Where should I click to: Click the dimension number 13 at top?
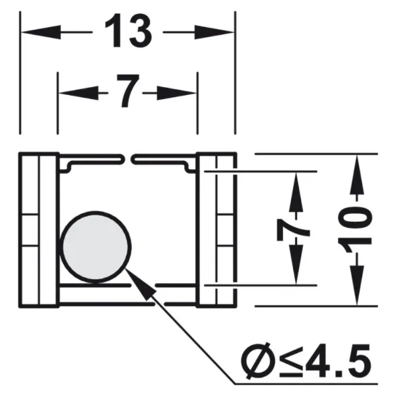tap(128, 31)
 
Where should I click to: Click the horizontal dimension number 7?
tap(128, 90)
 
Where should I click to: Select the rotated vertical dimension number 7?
tap(293, 230)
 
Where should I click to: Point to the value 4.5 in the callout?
tap(339, 360)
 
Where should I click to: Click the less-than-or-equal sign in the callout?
tap(291, 362)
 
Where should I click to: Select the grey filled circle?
tap(96, 247)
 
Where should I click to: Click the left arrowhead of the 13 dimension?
tap(41, 32)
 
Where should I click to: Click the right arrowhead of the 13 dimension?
tap(214, 32)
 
